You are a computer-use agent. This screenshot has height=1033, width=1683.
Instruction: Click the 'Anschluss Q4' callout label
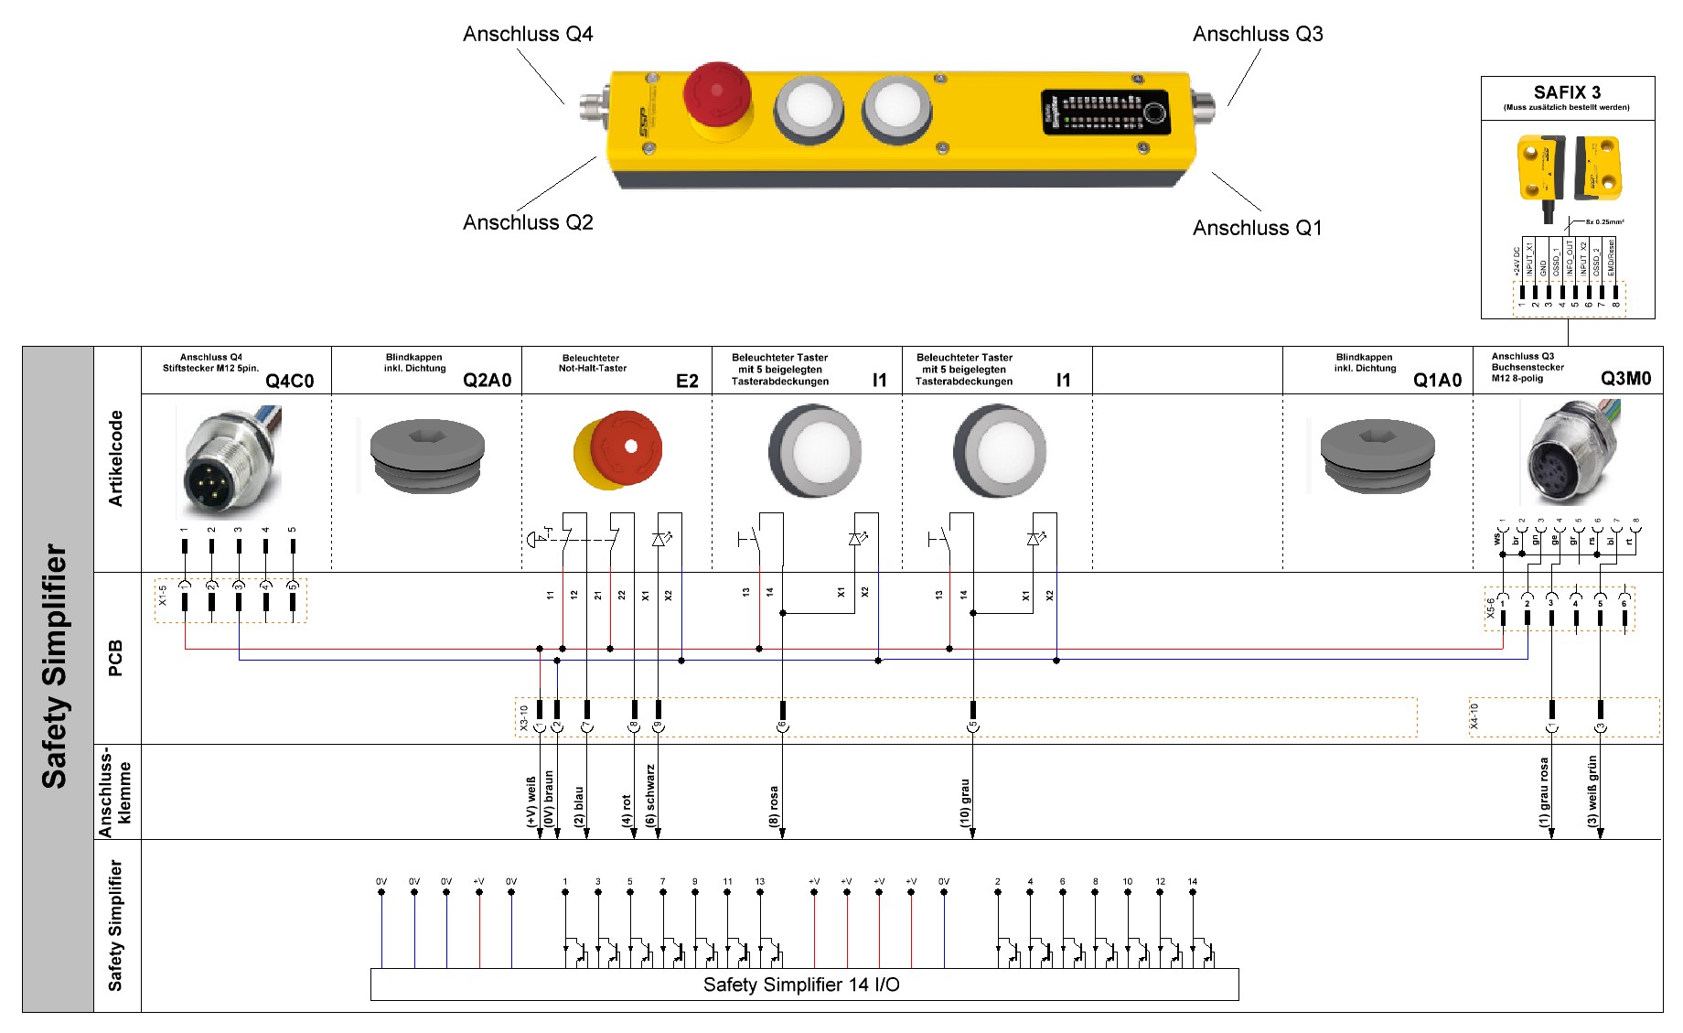528,35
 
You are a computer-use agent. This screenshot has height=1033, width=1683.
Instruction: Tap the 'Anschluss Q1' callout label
1257,228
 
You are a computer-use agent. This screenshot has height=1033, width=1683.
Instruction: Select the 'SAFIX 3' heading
1567,92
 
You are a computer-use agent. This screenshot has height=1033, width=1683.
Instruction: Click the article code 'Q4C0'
289,381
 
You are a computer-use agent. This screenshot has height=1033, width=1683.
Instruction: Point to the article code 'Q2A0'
487,381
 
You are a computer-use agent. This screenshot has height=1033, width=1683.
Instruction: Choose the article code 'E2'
687,381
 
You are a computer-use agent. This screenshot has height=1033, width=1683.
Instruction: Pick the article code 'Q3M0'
1625,379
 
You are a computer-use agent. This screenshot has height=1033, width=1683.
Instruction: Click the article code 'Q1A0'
1437,381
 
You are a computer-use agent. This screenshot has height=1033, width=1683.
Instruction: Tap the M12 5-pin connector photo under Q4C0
230,462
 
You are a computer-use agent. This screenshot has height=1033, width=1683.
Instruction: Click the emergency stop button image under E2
618,450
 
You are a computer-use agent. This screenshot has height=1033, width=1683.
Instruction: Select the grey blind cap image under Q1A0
1377,455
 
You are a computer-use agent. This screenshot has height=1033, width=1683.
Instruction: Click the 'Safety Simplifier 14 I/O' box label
801,985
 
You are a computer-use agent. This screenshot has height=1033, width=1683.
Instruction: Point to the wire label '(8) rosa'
775,806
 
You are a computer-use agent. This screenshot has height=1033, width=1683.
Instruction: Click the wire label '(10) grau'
965,803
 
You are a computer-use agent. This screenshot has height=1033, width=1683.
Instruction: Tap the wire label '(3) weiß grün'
1592,791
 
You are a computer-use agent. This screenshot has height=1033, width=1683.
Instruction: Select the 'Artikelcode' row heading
116,458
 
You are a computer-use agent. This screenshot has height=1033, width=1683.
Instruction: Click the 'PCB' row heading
116,658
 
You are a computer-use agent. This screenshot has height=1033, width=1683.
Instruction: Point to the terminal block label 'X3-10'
524,717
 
